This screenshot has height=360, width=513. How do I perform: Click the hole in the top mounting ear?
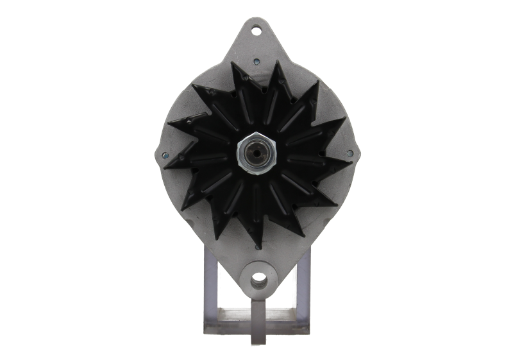(x=256, y=30)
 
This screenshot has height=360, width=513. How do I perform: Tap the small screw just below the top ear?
(x=256, y=62)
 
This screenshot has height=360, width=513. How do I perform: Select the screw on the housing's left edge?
(x=165, y=154)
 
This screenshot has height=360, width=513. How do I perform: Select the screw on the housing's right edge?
(x=349, y=153)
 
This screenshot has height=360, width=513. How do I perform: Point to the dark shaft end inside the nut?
(x=256, y=154)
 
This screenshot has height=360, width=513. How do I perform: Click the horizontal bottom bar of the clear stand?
(x=256, y=327)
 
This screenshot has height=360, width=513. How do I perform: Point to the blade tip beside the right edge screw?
(x=351, y=165)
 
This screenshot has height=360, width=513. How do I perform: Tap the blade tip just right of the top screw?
(x=277, y=63)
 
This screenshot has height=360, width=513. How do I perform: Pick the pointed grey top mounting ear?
(x=256, y=39)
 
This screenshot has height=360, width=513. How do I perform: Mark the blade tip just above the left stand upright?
(x=216, y=236)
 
